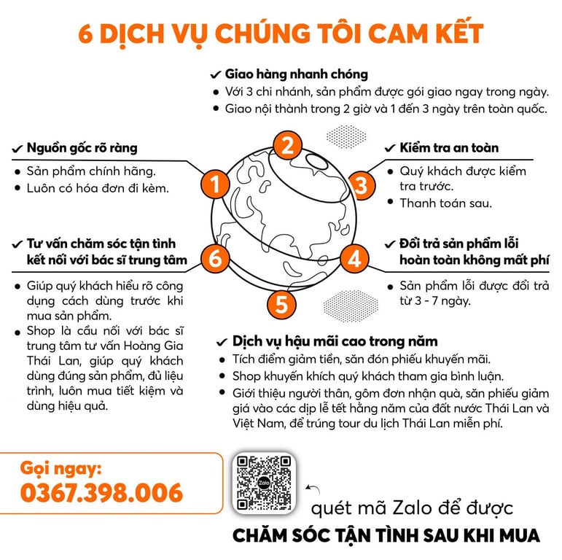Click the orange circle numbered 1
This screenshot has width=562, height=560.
(215, 184)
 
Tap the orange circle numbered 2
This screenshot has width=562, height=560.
(287, 146)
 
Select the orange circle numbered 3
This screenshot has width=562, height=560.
(362, 185)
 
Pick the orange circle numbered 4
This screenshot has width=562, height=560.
(354, 258)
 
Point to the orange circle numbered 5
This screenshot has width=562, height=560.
(281, 304)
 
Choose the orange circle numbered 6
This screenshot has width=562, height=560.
(215, 258)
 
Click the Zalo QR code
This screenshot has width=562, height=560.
(264, 483)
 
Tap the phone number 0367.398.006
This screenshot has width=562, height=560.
(102, 493)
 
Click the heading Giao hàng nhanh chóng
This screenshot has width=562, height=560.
(297, 74)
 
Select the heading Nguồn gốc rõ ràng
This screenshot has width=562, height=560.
(82, 148)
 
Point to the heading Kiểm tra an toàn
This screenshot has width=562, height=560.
(449, 147)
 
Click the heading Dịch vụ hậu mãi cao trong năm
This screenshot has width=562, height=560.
(335, 341)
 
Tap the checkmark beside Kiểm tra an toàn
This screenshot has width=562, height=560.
(390, 148)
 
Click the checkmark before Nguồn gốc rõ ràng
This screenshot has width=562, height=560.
(17, 149)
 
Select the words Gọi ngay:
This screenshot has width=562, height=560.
(61, 468)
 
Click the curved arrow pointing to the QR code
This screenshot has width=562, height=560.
(313, 489)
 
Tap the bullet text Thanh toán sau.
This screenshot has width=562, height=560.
(446, 203)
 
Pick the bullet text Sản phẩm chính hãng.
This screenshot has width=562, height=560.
(91, 171)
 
